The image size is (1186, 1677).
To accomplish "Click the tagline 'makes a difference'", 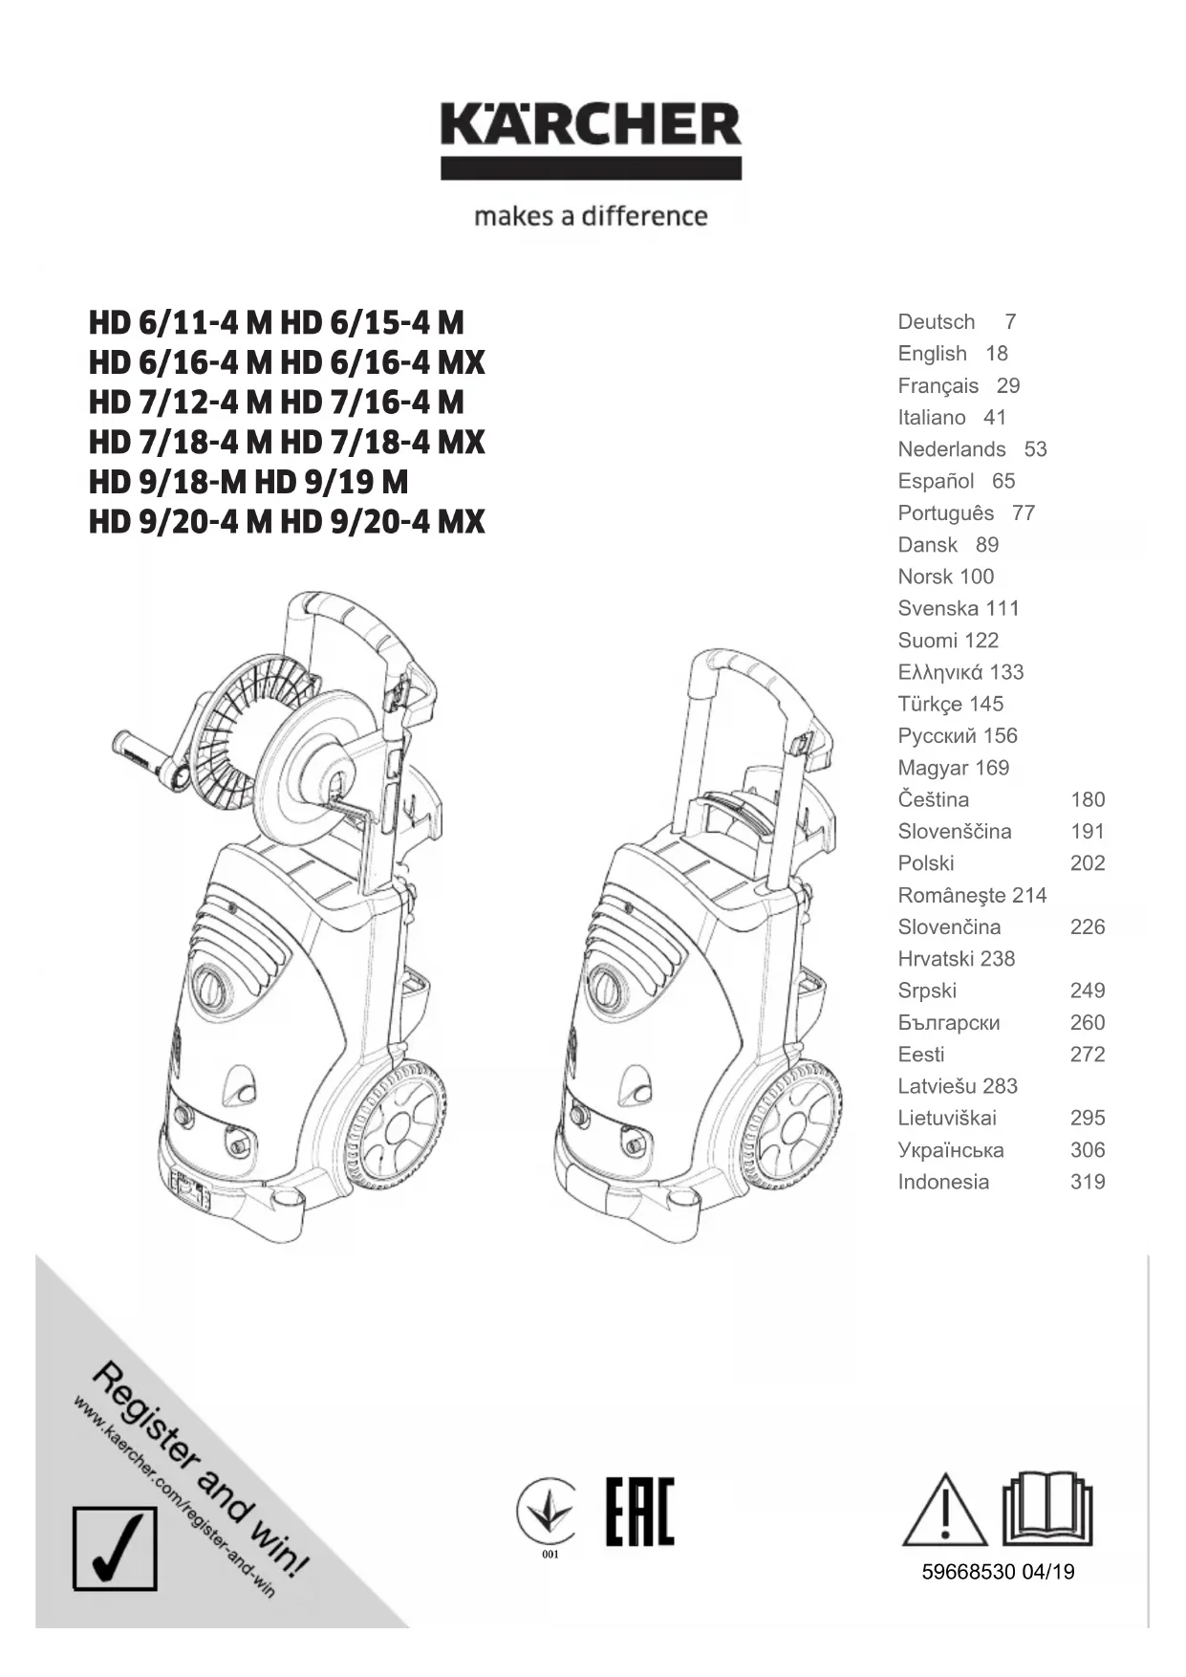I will tap(591, 216).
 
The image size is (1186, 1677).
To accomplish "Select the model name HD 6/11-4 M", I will tap(180, 323).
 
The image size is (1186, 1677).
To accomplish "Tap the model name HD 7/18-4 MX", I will tap(383, 442).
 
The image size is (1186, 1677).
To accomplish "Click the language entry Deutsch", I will tap(937, 322).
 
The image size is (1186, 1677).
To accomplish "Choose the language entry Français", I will tap(938, 386).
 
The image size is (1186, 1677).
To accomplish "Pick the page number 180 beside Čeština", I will tap(1087, 800).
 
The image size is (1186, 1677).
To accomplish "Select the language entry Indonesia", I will tap(943, 1183).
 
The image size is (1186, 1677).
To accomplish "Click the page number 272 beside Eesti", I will tap(1087, 1055).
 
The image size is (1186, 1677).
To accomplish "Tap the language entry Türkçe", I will tap(930, 705).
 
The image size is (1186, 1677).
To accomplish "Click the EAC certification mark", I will tap(639, 1512).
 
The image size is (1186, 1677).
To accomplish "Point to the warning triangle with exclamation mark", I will tap(944, 1511).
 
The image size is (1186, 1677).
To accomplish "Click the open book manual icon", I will tap(1046, 1508).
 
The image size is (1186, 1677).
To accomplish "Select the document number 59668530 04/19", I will tap(998, 1572).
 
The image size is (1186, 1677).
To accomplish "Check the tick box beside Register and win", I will tap(115, 1548).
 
